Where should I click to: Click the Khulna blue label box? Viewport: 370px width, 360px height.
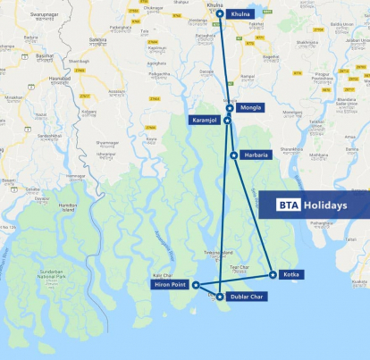tap(240, 14)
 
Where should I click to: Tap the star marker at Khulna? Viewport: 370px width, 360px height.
tap(220, 13)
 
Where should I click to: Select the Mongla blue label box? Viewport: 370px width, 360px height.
tap(249, 108)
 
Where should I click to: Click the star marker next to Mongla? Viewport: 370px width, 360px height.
tap(230, 108)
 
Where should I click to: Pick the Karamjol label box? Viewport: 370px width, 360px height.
tap(205, 120)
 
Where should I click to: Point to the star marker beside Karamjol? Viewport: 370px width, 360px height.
tap(227, 120)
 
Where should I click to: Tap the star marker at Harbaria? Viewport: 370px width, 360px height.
tap(234, 155)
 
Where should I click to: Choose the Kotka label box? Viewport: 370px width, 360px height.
tap(290, 274)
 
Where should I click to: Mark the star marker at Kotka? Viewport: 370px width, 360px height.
tap(272, 273)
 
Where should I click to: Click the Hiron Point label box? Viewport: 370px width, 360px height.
tap(167, 285)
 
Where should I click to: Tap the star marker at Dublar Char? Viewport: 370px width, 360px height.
tap(220, 296)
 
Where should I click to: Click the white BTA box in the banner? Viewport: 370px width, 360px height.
tap(288, 205)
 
